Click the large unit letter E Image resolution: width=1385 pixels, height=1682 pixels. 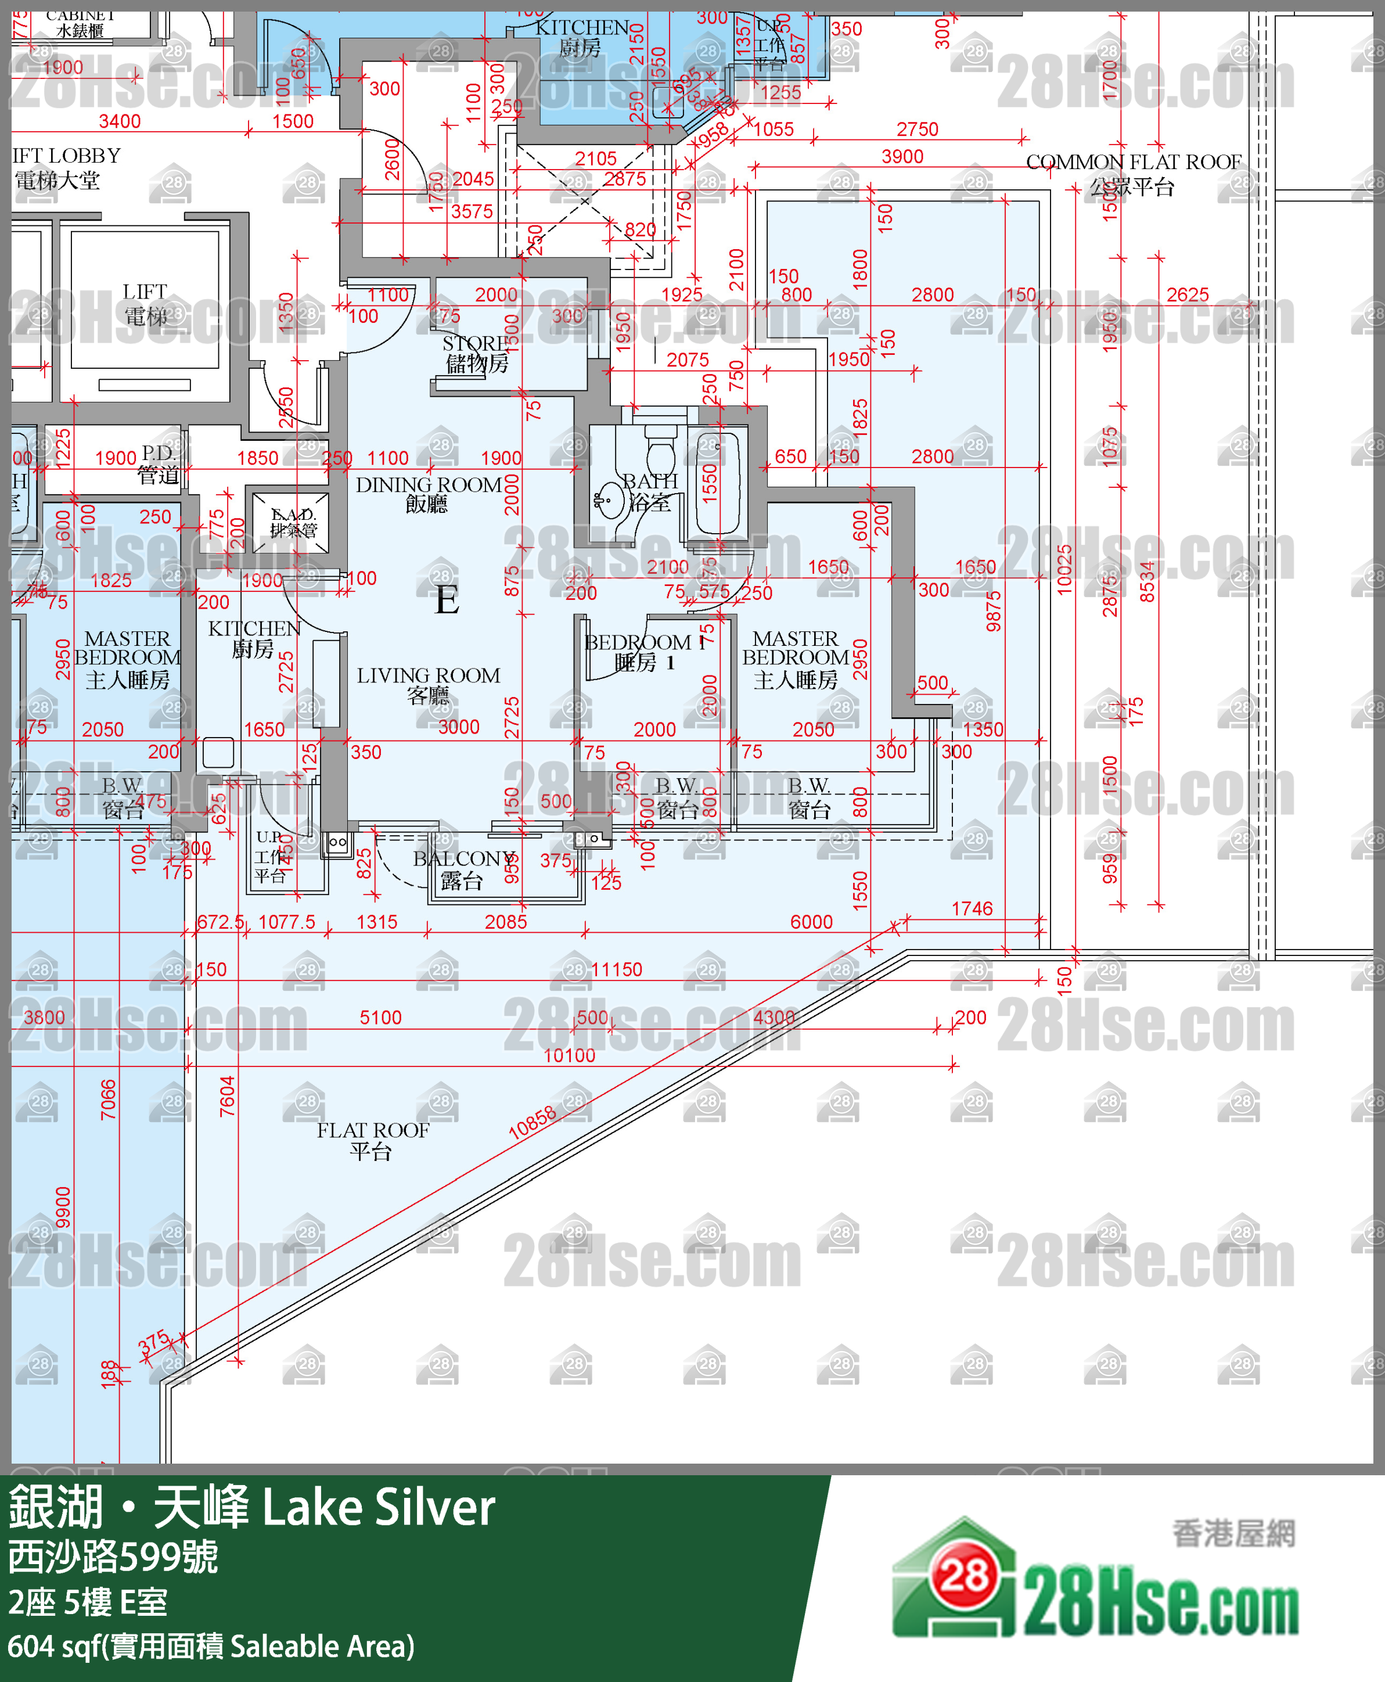447,600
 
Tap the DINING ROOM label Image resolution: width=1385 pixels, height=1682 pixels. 429,493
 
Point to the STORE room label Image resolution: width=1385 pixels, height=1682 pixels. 476,354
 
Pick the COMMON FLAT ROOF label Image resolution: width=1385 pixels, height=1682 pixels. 1133,173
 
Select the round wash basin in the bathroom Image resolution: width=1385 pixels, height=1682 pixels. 610,500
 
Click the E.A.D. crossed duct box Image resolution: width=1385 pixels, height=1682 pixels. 290,523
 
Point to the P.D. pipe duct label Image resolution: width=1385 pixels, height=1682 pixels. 158,463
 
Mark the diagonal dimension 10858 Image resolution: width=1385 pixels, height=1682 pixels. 532,1123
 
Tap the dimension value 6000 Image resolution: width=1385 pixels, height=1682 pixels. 811,922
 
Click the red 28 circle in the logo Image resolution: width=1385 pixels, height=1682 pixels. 963,1576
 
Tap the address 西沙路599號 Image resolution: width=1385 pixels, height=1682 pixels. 113,1557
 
